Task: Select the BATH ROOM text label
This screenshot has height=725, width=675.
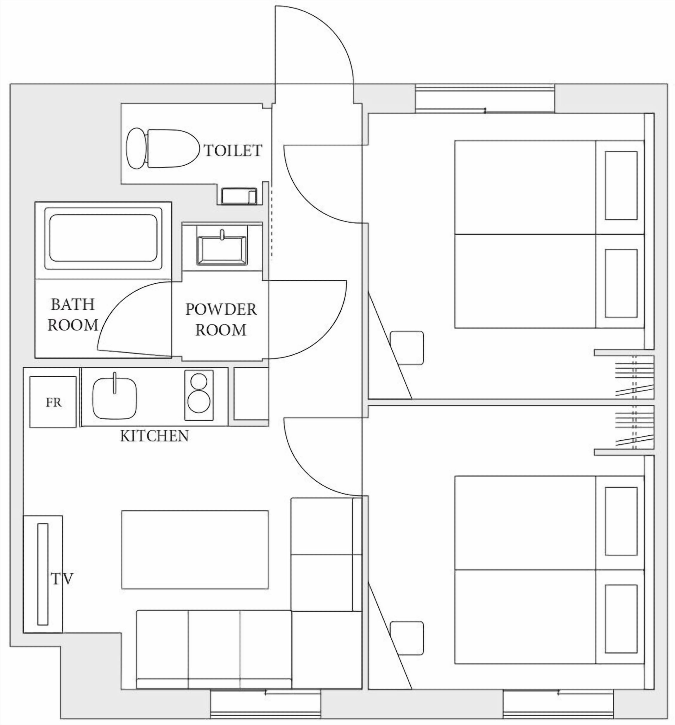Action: click(73, 314)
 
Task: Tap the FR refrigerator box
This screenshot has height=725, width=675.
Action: click(53, 402)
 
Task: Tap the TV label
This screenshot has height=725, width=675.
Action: click(62, 579)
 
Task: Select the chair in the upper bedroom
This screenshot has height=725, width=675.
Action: click(407, 348)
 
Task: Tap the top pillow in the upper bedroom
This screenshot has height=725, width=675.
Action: click(621, 186)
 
